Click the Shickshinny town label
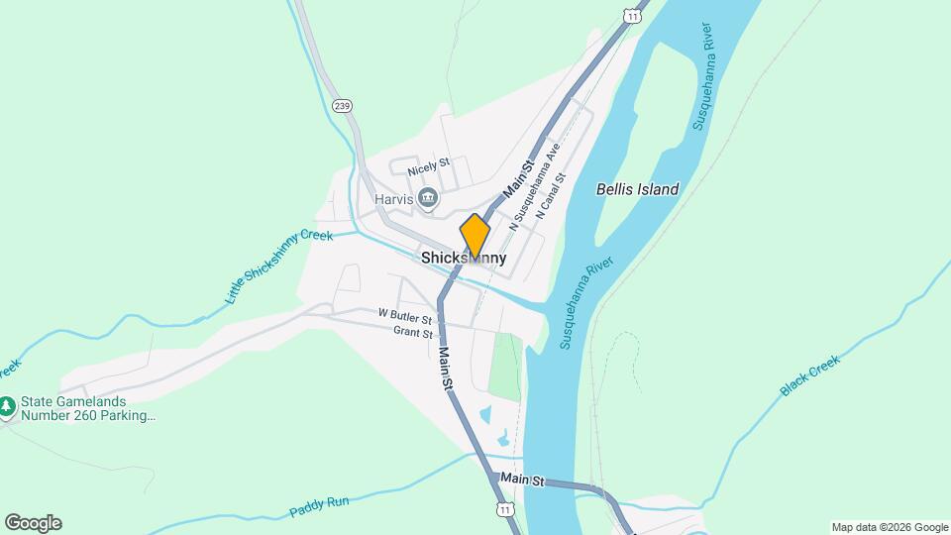[x=464, y=258]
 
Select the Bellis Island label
[x=638, y=189]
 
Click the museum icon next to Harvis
[x=428, y=198]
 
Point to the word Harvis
[x=393, y=198]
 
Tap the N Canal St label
[x=550, y=196]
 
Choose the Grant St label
[x=413, y=334]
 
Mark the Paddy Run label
[x=320, y=507]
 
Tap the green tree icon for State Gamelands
[x=8, y=406]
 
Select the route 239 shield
[x=343, y=106]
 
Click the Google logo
[x=33, y=523]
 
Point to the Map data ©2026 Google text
[x=890, y=527]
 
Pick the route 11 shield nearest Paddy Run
[x=506, y=509]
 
